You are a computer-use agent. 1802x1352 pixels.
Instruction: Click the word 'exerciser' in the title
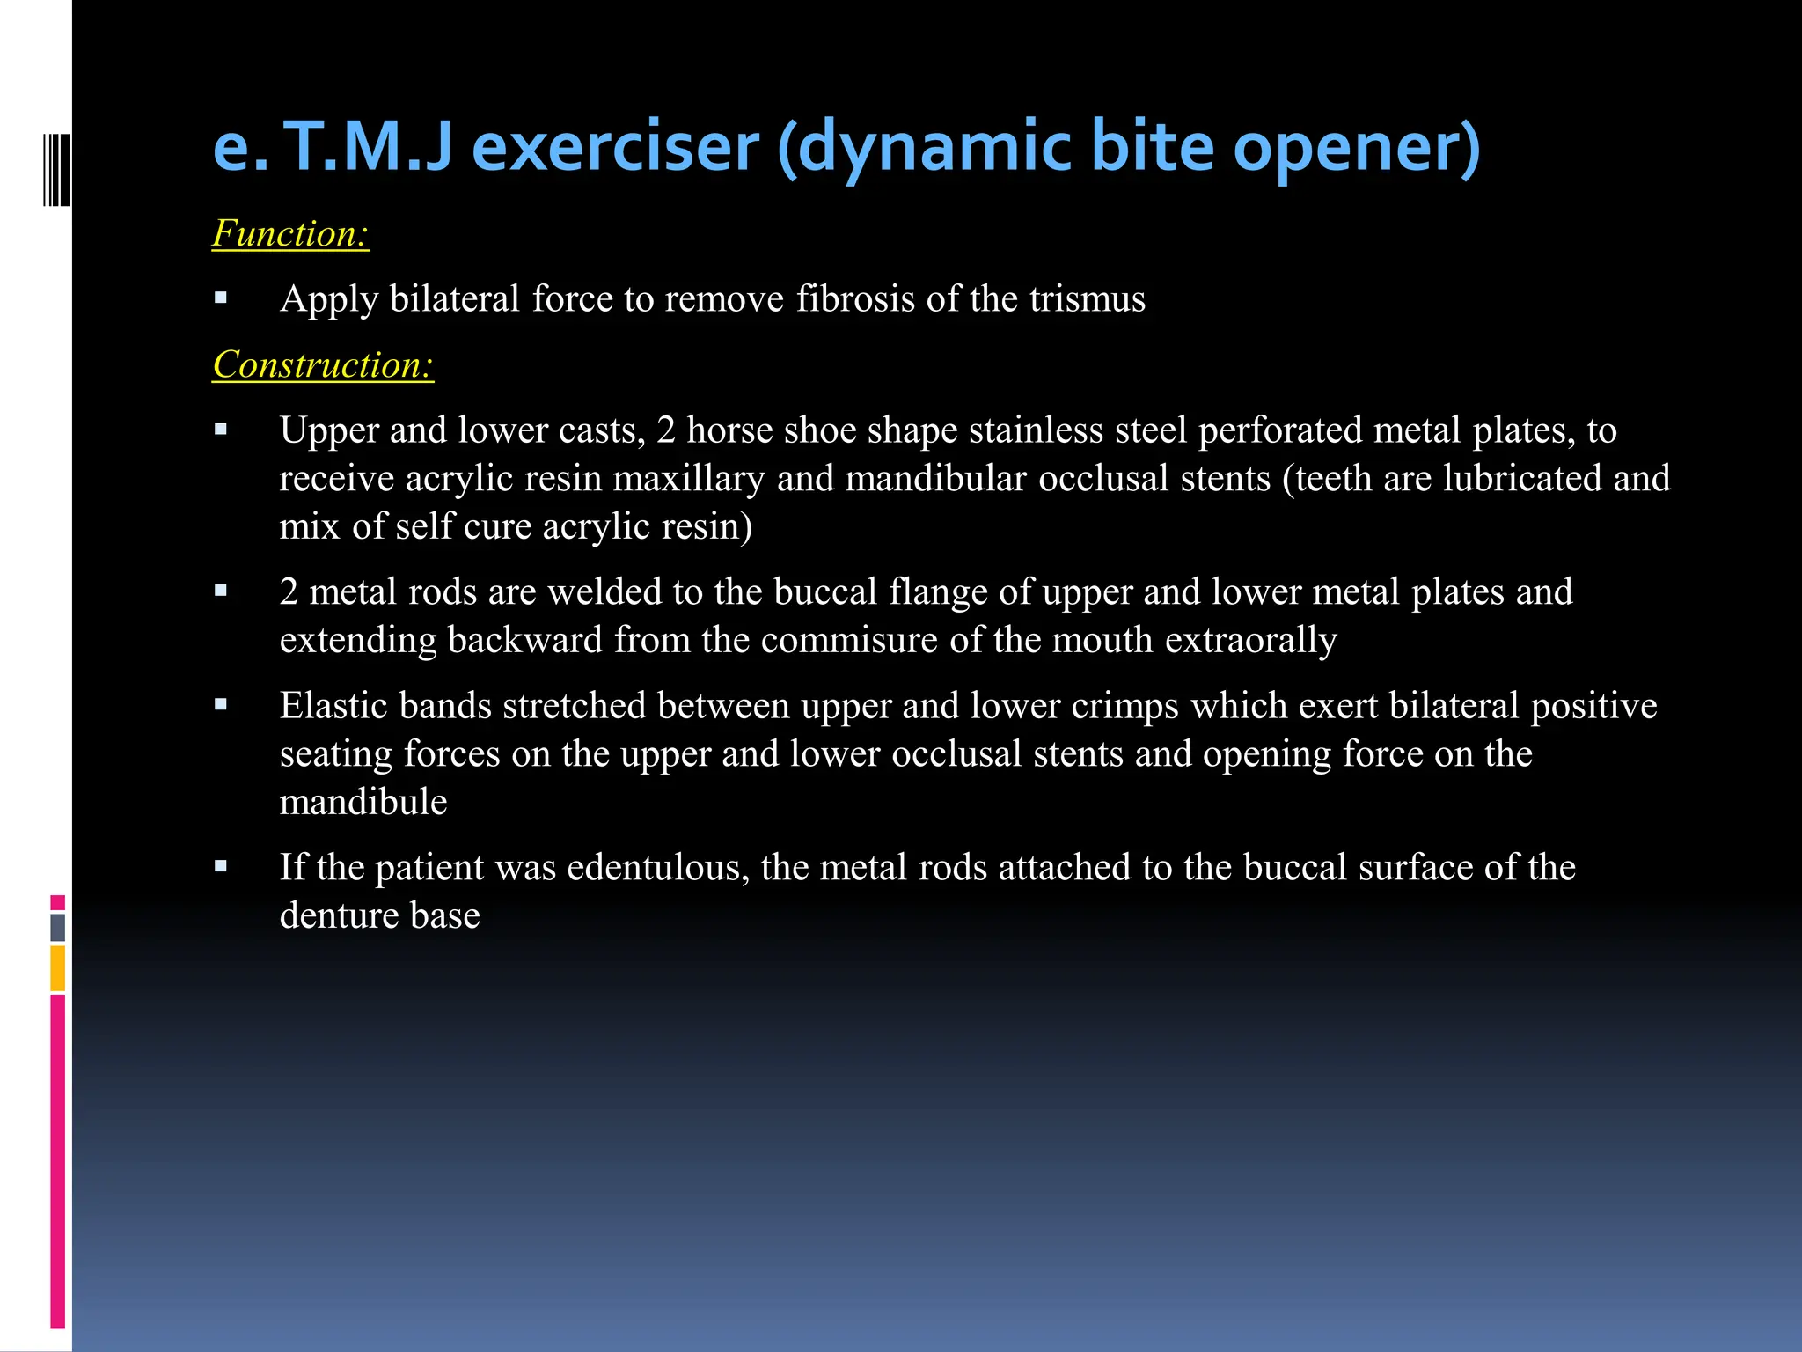pos(615,147)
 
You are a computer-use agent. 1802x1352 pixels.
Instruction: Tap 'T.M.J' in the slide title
pos(368,147)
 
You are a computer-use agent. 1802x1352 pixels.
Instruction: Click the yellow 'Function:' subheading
pos(290,234)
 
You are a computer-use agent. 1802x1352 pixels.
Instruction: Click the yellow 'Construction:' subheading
pos(323,365)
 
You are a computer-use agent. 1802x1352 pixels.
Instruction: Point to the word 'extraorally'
pos(1250,641)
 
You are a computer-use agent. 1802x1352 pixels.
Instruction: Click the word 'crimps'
pos(1124,706)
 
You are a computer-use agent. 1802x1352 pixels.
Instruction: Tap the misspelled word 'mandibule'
pos(363,803)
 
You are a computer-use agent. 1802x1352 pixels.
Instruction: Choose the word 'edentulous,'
pos(658,868)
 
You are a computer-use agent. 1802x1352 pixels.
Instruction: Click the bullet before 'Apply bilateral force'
pos(221,298)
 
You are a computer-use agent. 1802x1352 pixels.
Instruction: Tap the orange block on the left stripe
pos(58,968)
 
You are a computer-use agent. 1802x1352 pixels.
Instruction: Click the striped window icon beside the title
pos(56,169)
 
